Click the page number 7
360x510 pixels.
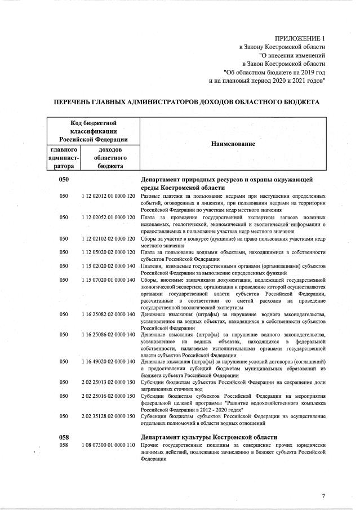point(323,496)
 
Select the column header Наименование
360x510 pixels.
point(233,144)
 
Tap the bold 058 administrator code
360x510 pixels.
point(64,437)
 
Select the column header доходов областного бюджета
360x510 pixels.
point(110,158)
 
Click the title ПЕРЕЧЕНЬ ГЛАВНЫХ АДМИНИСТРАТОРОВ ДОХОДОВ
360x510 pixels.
point(179,102)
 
